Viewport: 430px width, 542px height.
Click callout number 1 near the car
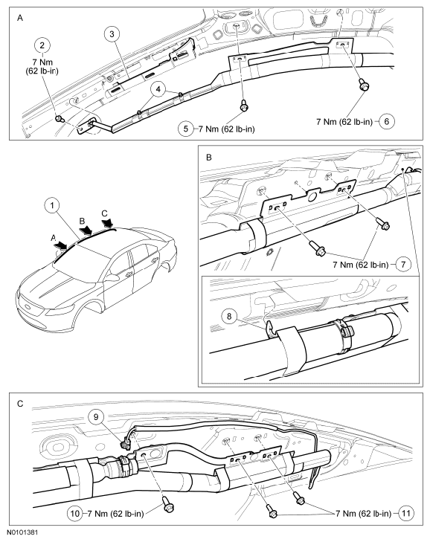pyautogui.click(x=52, y=206)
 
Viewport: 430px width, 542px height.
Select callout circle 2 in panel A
pyautogui.click(x=42, y=45)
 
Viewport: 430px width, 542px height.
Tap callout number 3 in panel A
pyautogui.click(x=112, y=34)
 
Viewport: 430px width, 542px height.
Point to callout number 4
pyautogui.click(x=158, y=89)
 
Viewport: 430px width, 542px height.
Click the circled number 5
pyautogui.click(x=186, y=129)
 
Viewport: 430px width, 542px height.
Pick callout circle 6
pyautogui.click(x=387, y=121)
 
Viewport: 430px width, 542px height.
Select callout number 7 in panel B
pyautogui.click(x=403, y=265)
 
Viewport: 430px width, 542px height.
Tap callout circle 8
pyautogui.click(x=230, y=316)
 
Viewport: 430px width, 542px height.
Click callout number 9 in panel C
pyautogui.click(x=97, y=417)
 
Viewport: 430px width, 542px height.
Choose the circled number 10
pyautogui.click(x=75, y=513)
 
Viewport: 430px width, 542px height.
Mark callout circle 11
pyautogui.click(x=405, y=513)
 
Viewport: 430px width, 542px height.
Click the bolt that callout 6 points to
pyautogui.click(x=363, y=84)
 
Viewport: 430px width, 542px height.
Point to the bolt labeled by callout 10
pyautogui.click(x=168, y=503)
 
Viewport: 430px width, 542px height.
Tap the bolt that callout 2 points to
pyautogui.click(x=60, y=120)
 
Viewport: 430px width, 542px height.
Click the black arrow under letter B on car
pyautogui.click(x=86, y=229)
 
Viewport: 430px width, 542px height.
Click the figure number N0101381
pyautogui.click(x=23, y=532)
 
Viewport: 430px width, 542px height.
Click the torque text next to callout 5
pyautogui.click(x=227, y=129)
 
